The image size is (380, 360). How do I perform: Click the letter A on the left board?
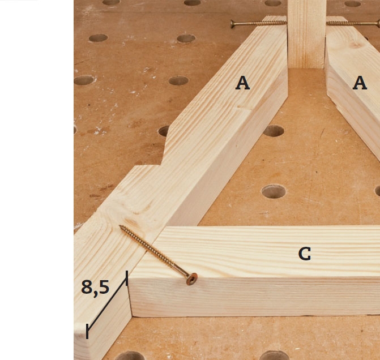242,83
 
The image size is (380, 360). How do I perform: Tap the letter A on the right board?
360,83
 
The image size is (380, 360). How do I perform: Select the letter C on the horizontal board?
305,254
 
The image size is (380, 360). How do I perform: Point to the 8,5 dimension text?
95,288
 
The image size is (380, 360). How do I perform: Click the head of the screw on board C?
191,279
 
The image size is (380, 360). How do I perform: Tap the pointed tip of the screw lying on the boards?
119,226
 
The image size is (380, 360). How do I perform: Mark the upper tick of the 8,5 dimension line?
127,278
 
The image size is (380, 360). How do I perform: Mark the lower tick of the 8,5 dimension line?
87,331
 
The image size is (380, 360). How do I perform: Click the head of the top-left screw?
232,24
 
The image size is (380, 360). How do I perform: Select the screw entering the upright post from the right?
353,24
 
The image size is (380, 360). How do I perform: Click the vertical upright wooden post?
306,34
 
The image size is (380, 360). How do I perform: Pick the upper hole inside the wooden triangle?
274,131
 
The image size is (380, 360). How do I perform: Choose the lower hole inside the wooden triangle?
274,191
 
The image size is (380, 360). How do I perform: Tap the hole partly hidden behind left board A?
164,131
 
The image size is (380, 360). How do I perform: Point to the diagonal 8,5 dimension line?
107,305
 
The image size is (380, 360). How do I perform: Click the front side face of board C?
254,297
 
